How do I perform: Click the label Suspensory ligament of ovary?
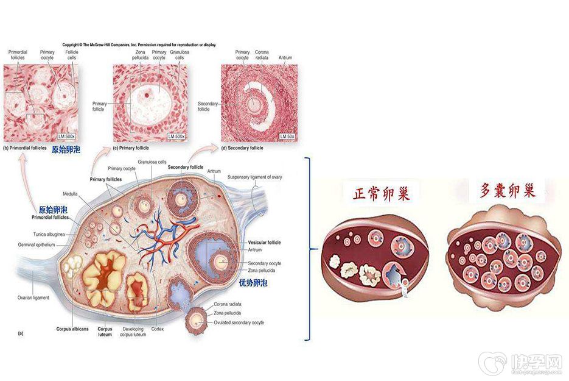254,177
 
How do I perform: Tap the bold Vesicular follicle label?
264,243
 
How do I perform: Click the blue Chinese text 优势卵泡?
253,283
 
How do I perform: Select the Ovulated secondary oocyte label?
239,322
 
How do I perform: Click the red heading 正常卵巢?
382,194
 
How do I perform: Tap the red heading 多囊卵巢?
507,191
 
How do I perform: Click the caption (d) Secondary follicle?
242,148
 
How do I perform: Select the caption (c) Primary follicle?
132,148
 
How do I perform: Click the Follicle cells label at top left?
72,55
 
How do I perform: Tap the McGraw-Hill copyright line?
139,45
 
